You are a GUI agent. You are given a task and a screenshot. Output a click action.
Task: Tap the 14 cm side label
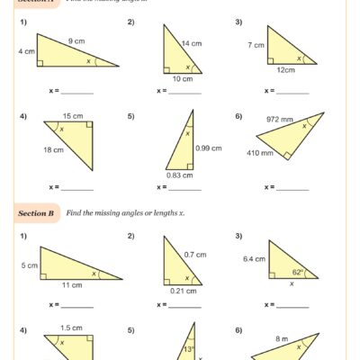192,43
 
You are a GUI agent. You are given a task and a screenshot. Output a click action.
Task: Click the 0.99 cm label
209,148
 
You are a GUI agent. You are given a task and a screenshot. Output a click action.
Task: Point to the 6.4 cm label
253,258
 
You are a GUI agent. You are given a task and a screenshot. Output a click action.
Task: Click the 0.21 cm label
183,290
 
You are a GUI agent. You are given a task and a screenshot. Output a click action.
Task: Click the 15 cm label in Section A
73,115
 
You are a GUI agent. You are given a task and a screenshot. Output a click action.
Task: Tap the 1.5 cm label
72,328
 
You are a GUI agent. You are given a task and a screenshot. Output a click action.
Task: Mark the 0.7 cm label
196,255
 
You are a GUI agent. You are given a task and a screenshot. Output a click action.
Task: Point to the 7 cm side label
256,44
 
